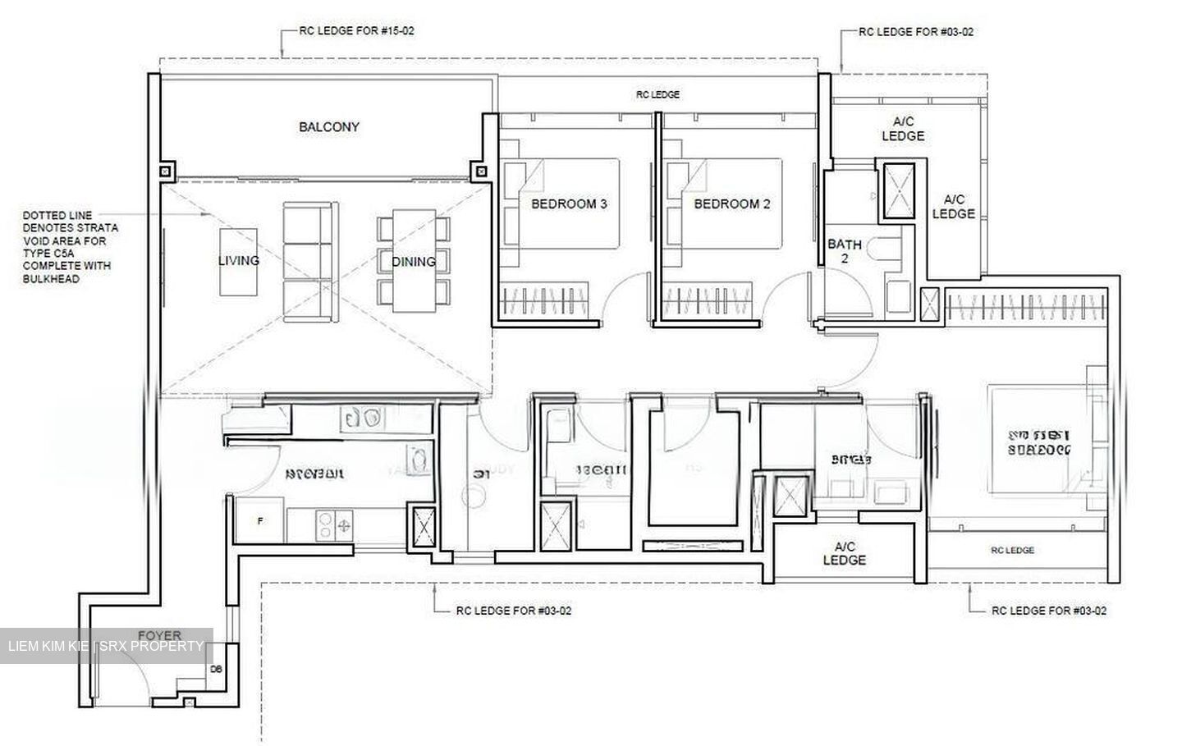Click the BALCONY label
[329, 127]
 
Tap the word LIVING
[239, 260]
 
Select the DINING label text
[413, 262]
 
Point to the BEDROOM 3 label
[569, 204]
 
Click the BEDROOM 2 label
[732, 204]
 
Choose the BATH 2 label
[845, 250]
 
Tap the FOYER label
[159, 636]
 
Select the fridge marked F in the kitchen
[259, 520]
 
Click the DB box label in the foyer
[216, 670]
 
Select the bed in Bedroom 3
[566, 204]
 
